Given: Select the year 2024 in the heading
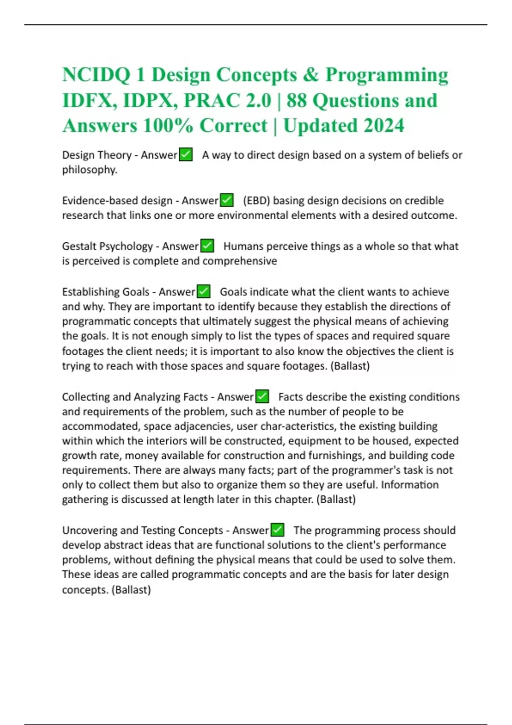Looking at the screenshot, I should (x=384, y=126).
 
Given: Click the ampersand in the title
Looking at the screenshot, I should (x=311, y=75).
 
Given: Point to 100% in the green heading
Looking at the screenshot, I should (x=168, y=126).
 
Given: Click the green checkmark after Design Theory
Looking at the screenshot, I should (x=186, y=154).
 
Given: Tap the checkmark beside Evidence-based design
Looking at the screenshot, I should (x=227, y=200).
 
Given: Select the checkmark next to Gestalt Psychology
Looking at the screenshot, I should (x=207, y=246).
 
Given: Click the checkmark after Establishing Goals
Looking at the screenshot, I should (x=204, y=291).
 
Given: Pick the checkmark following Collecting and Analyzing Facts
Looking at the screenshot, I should (x=262, y=397).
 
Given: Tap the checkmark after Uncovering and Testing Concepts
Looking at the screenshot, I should (x=277, y=530).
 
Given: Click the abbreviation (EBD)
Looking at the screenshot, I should (x=256, y=200).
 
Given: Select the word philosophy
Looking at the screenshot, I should (x=89, y=170).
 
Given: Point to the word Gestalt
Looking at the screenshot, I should (x=79, y=246).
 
